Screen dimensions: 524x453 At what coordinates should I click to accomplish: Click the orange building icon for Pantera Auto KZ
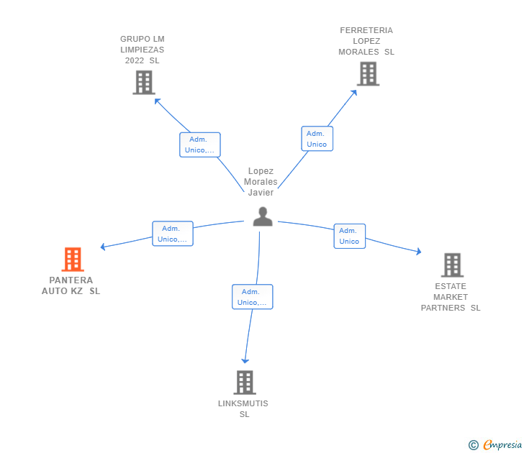(x=73, y=259)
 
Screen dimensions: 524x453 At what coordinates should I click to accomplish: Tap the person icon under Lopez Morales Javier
(x=263, y=216)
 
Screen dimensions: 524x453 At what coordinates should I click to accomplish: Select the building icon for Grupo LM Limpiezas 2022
(x=144, y=83)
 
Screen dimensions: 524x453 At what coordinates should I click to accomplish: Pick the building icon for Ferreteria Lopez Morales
(x=368, y=74)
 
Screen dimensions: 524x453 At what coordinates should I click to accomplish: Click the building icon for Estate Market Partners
(x=452, y=265)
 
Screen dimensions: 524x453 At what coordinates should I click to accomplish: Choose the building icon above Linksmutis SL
(x=245, y=383)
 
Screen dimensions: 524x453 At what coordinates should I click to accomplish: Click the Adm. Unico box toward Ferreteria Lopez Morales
(x=317, y=139)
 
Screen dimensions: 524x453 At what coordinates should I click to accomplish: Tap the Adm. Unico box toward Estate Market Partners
(x=350, y=236)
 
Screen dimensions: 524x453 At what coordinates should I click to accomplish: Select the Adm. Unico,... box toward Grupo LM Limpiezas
(x=200, y=145)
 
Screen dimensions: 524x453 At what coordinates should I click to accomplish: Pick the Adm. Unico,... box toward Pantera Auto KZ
(x=173, y=234)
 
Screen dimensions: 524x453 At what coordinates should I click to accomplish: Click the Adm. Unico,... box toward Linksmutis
(x=253, y=297)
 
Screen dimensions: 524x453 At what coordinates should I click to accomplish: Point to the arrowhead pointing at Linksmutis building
(x=245, y=361)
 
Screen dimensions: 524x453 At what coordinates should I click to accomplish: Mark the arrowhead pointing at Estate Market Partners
(x=418, y=252)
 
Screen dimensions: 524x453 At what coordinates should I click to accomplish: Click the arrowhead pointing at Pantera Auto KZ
(x=103, y=247)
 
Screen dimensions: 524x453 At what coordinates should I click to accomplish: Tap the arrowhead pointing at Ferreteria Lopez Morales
(x=354, y=93)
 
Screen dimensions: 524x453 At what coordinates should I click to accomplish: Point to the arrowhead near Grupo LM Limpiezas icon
(x=158, y=101)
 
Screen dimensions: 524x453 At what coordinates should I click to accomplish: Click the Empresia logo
(x=495, y=444)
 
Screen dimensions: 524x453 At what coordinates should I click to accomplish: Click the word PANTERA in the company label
(x=71, y=280)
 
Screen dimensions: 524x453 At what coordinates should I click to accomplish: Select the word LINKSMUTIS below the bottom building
(x=243, y=403)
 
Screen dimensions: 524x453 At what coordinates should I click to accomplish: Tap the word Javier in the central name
(x=261, y=193)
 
